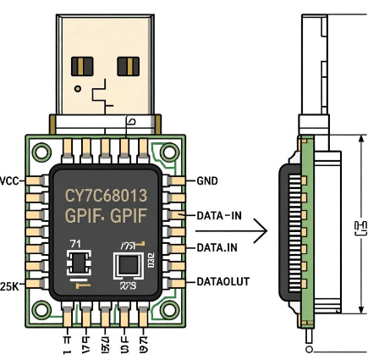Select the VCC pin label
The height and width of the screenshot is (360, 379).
(x=9, y=181)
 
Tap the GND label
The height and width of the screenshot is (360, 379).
(x=207, y=180)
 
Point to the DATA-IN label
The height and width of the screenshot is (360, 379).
(x=218, y=215)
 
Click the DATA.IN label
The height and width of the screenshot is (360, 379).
(x=217, y=247)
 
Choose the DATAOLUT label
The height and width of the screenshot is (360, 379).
(x=222, y=281)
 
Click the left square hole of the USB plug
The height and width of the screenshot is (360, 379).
(x=85, y=65)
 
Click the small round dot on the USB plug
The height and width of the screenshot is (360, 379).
(x=78, y=88)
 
